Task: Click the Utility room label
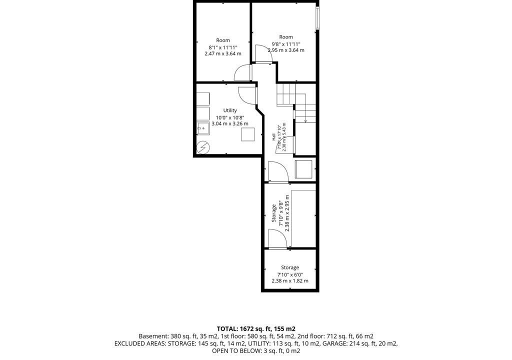[230, 110]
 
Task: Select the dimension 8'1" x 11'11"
[223, 47]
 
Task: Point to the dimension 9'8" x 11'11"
[286, 44]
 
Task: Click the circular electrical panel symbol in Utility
[202, 147]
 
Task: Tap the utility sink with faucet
[203, 128]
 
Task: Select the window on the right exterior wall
[317, 17]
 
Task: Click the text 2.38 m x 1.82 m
[290, 280]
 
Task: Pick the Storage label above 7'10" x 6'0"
[290, 267]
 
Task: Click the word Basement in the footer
[153, 336]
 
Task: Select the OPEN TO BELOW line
[256, 351]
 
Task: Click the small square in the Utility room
[248, 134]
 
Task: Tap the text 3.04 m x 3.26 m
[230, 124]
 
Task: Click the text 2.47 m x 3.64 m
[223, 53]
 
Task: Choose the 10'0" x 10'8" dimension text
[230, 117]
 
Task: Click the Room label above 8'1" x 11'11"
[223, 40]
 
